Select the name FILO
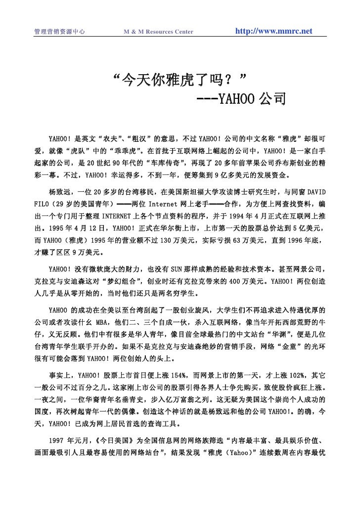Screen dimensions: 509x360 42,218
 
